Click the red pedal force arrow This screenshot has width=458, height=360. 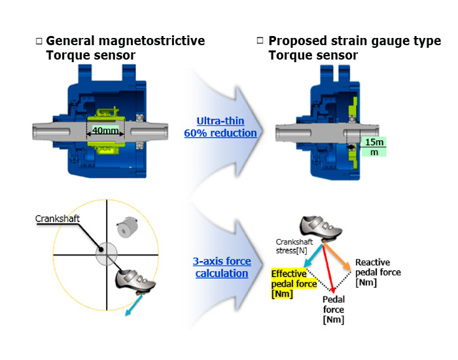pos(328,268)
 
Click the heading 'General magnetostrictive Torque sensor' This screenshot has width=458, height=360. pos(124,48)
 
